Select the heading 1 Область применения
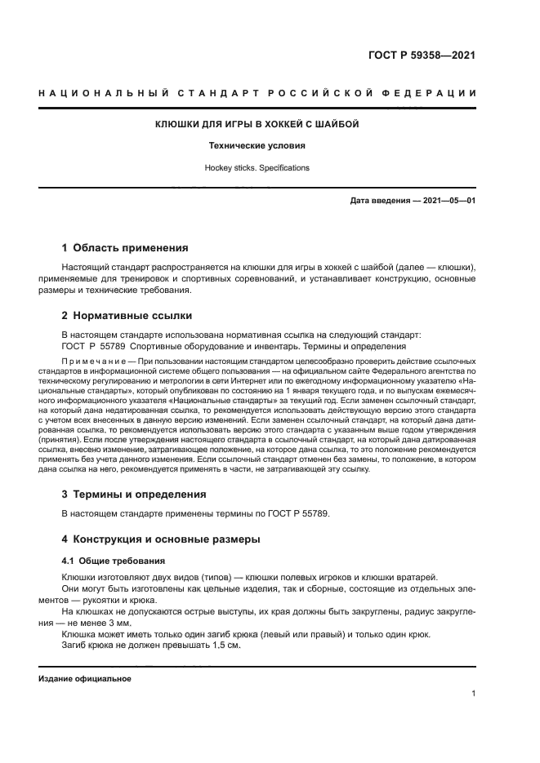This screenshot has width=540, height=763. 126,246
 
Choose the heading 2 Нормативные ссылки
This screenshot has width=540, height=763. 127,315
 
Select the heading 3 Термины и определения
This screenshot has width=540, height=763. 135,494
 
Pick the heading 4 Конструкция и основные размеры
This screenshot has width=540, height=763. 161,539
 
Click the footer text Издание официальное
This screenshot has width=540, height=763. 85,678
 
